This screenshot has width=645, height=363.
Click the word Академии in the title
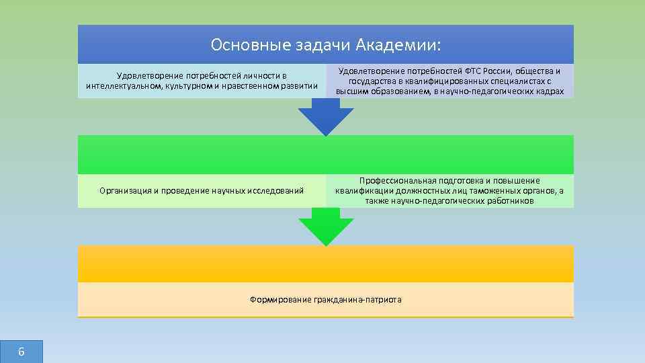tap(407, 45)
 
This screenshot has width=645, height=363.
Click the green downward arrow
tap(326, 227)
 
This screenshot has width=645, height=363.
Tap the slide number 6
tap(21, 352)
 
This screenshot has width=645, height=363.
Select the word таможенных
tap(497, 191)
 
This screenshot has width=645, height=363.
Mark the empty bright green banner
tap(326, 155)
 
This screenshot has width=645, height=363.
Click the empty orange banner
tap(326, 264)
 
